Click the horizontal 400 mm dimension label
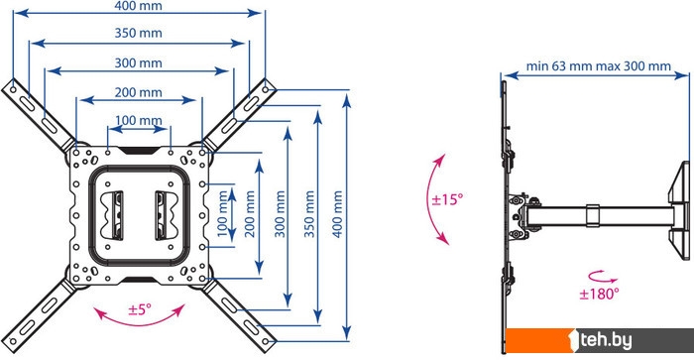[x=138, y=6]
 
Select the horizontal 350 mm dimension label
[x=138, y=33]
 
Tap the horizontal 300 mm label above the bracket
[x=138, y=62]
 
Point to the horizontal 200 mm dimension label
[x=138, y=92]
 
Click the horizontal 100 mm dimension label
[x=138, y=120]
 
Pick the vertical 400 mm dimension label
[x=338, y=214]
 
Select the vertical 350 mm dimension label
[x=309, y=214]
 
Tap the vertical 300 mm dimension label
[x=281, y=214]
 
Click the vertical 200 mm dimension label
[x=250, y=214]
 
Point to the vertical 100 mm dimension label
[x=223, y=214]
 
